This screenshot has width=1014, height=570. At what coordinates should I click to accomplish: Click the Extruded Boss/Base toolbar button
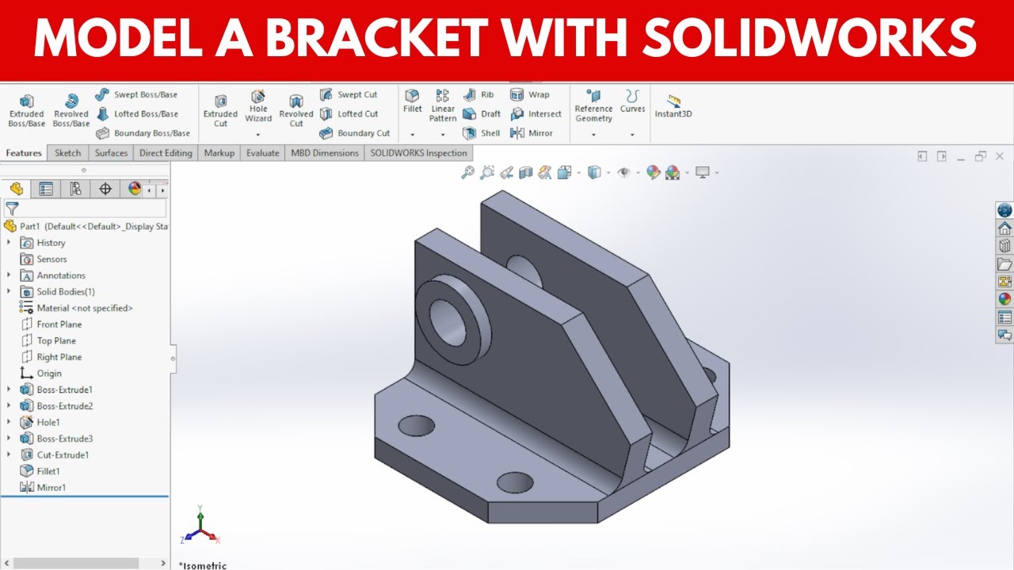click(26, 109)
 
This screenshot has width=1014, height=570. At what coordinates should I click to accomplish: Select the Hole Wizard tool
click(258, 106)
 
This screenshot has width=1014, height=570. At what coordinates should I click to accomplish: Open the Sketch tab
click(67, 153)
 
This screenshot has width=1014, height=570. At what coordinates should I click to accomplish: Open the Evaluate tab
click(262, 153)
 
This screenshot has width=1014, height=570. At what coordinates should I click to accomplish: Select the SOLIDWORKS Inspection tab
click(419, 153)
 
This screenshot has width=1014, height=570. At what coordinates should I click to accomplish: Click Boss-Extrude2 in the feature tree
click(64, 406)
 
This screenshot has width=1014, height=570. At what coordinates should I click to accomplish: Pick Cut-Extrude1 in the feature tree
click(63, 455)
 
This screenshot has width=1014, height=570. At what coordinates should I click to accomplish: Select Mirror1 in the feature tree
click(51, 488)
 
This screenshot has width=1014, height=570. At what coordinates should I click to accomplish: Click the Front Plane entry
click(59, 325)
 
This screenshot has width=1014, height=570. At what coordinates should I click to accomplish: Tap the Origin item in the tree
click(48, 374)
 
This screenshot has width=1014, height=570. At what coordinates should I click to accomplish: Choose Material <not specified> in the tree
click(84, 308)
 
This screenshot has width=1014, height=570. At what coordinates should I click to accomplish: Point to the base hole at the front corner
click(515, 481)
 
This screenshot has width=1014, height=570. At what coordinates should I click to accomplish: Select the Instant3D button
click(673, 106)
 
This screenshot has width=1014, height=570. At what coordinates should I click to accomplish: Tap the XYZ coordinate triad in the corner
click(200, 527)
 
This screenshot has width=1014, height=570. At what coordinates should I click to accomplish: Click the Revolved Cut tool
click(296, 109)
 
